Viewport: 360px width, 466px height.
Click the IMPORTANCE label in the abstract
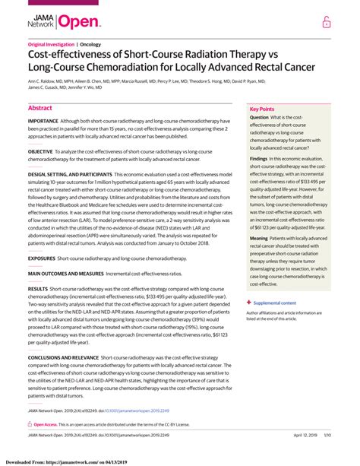click(x=43, y=121)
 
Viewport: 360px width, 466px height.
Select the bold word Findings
click(x=260, y=159)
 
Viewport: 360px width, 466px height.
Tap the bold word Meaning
click(x=260, y=238)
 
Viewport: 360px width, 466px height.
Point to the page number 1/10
click(x=328, y=435)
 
